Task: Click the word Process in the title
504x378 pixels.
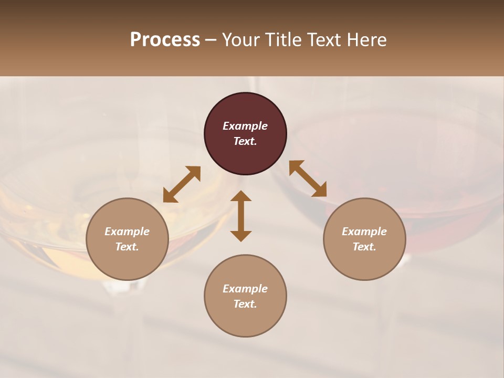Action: tap(165, 40)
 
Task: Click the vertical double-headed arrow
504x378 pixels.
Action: tap(241, 216)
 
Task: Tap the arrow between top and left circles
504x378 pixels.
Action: tap(182, 184)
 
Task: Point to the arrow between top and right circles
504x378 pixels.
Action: tap(308, 178)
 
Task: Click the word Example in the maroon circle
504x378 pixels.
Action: tap(245, 126)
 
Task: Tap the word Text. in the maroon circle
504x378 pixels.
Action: tap(245, 141)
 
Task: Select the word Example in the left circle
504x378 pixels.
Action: tap(127, 232)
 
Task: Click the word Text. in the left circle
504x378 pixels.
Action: tap(127, 247)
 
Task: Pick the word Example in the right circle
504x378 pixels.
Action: tap(364, 232)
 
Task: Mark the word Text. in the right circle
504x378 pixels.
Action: tap(364, 247)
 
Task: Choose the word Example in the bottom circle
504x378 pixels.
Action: tap(245, 289)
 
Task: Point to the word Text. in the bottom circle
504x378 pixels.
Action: tap(245, 304)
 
